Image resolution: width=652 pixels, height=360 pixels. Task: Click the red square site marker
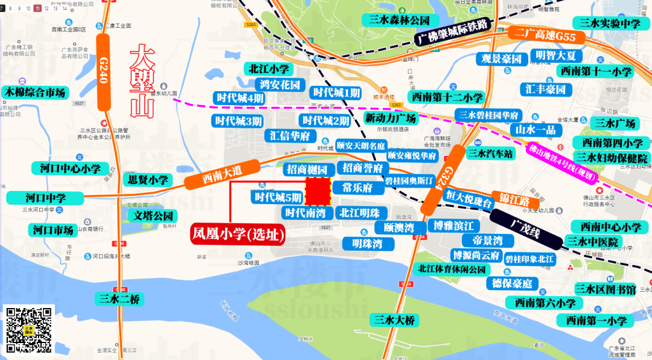(x=318, y=191)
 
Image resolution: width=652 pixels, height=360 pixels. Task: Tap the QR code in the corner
(x=30, y=330)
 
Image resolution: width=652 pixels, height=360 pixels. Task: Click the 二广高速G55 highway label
(x=546, y=36)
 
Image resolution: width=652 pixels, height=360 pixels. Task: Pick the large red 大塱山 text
(x=143, y=80)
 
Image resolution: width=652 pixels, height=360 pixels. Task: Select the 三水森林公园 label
(x=399, y=20)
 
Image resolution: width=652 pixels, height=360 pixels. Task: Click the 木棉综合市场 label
(x=35, y=92)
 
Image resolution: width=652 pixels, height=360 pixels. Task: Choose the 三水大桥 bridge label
(x=395, y=320)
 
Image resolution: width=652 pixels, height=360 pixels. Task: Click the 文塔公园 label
(x=153, y=216)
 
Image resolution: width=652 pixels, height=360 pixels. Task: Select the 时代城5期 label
(x=278, y=197)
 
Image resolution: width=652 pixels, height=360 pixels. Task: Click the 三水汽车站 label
(x=491, y=153)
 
